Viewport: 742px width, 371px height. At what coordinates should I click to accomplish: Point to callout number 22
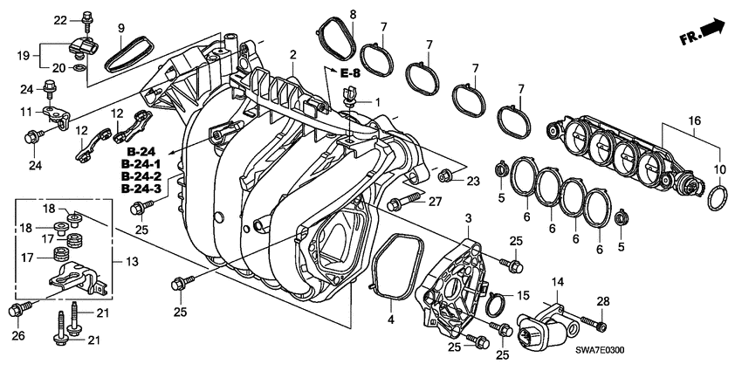tap(60, 19)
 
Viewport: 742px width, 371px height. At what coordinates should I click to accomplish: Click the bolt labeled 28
tap(601, 326)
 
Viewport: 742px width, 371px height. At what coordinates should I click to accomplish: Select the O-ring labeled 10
tap(715, 199)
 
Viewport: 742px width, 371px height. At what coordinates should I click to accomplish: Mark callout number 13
tap(132, 262)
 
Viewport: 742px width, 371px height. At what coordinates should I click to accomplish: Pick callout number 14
tap(557, 281)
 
